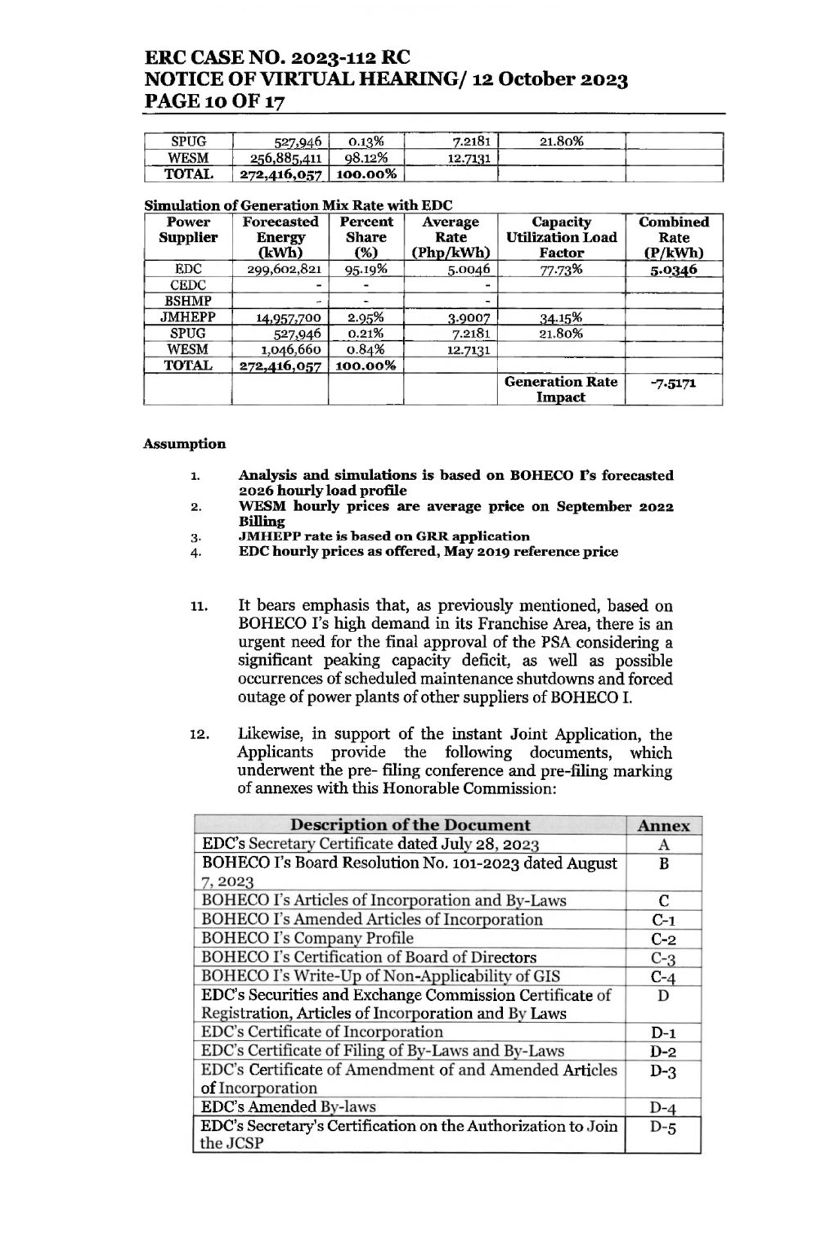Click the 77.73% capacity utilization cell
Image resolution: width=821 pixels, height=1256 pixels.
click(560, 270)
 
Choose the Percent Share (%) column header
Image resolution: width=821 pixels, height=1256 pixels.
click(366, 237)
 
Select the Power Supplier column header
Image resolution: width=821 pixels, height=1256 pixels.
click(187, 230)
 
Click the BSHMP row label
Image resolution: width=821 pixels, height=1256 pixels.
click(187, 301)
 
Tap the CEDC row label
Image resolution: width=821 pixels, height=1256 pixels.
click(187, 285)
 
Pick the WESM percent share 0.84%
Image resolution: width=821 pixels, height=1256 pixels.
click(366, 350)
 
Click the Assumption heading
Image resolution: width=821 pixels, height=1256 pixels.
click(184, 444)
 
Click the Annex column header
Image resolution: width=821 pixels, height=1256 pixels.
click(663, 826)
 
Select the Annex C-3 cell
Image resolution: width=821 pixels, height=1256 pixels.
click(663, 958)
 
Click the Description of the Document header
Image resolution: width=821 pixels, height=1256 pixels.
click(410, 825)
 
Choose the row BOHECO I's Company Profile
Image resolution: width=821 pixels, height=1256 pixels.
click(307, 939)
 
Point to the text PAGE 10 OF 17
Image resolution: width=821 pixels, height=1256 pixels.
click(215, 101)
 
